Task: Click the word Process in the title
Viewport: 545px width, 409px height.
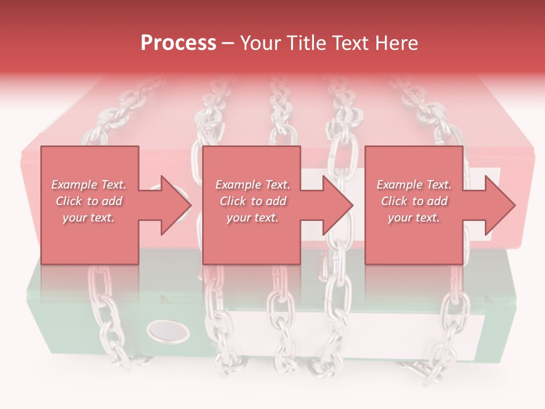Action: coord(178,43)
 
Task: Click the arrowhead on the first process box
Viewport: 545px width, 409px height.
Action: coord(173,205)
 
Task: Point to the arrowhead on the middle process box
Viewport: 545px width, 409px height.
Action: coord(336,205)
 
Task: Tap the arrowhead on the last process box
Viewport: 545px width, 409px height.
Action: coord(498,205)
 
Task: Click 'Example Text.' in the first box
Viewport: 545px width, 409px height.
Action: coord(89,185)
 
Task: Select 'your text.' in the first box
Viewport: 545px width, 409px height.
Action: coord(89,218)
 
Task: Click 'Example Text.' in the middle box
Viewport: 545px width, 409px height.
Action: coord(253,185)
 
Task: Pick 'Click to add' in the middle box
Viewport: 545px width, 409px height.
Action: coord(253,201)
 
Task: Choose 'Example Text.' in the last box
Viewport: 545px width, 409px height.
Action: coord(414,185)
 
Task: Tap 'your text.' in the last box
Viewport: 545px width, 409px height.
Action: coord(414,218)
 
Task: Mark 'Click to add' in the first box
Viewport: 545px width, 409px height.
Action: coord(89,201)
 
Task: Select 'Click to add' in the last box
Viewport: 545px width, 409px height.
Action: coord(414,201)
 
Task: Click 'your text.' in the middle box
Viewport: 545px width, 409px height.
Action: coord(253,218)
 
